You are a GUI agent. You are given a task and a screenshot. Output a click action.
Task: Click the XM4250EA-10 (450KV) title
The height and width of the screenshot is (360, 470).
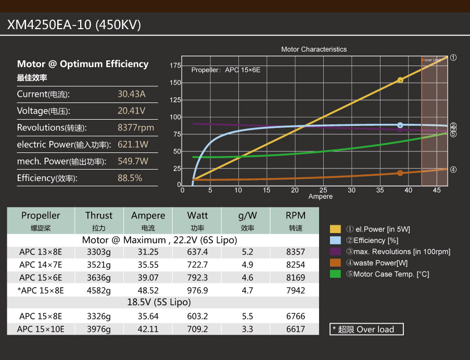74,25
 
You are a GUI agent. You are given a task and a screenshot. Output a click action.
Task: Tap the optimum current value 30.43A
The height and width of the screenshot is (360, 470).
132,94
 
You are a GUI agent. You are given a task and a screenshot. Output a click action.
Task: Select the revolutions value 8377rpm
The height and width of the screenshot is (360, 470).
136,128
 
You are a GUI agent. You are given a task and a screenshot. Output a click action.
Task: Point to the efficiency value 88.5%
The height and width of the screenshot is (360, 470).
130,178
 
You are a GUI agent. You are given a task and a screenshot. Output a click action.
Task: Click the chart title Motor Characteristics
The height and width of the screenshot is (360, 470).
314,49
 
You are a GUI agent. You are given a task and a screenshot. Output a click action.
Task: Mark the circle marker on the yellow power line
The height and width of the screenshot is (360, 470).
400,80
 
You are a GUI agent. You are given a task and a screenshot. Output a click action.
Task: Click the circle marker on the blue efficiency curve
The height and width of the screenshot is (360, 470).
400,125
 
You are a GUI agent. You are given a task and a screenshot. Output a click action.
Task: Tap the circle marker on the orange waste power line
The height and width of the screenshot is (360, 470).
400,173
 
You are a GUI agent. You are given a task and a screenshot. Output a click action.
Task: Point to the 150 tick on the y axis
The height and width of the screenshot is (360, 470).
175,83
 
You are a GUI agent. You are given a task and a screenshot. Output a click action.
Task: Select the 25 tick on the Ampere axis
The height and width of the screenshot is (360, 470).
323,190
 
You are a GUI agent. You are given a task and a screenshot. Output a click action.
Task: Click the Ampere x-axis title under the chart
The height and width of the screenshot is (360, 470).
320,197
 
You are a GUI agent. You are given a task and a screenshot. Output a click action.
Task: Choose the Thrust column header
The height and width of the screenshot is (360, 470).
99,215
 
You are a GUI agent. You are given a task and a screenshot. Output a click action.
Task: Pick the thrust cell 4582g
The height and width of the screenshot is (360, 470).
99,290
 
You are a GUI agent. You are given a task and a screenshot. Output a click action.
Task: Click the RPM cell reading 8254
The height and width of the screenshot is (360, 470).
296,265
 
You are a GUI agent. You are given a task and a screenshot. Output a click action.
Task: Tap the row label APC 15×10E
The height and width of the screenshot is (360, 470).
41,329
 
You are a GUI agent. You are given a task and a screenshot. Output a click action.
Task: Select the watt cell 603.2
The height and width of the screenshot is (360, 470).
197,316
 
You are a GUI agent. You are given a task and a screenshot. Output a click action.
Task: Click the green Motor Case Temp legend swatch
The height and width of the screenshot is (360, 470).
335,274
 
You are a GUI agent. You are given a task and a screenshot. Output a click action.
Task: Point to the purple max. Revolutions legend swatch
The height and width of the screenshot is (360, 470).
335,251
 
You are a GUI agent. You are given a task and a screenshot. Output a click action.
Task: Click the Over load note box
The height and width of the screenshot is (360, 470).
367,329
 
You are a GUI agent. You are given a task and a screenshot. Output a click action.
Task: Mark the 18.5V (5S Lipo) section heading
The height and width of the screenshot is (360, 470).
159,302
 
